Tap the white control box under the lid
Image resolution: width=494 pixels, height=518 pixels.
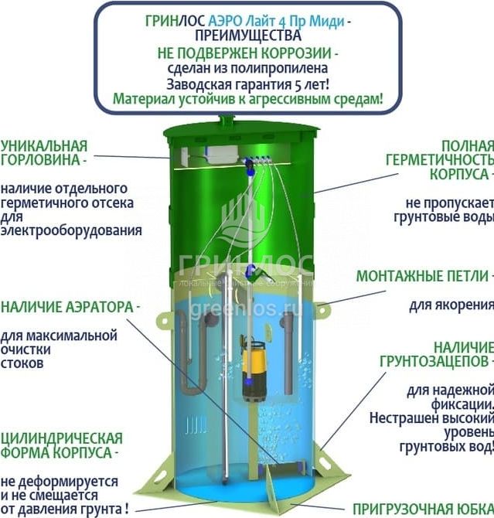[x=222, y=154]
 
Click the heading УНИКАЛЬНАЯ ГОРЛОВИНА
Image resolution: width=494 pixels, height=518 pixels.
[x=44, y=152]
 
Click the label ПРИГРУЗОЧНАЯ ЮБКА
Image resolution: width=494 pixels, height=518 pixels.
[x=424, y=509]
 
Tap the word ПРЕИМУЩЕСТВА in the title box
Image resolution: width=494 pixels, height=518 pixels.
[x=248, y=36]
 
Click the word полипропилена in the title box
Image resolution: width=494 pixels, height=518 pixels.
[x=279, y=68]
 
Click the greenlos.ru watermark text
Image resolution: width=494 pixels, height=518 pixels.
[x=247, y=309]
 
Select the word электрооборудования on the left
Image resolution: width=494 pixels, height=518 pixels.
[x=71, y=230]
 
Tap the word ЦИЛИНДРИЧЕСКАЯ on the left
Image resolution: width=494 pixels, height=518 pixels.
[x=62, y=438]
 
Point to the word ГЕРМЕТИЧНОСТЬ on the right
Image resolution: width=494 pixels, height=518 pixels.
[x=440, y=160]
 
